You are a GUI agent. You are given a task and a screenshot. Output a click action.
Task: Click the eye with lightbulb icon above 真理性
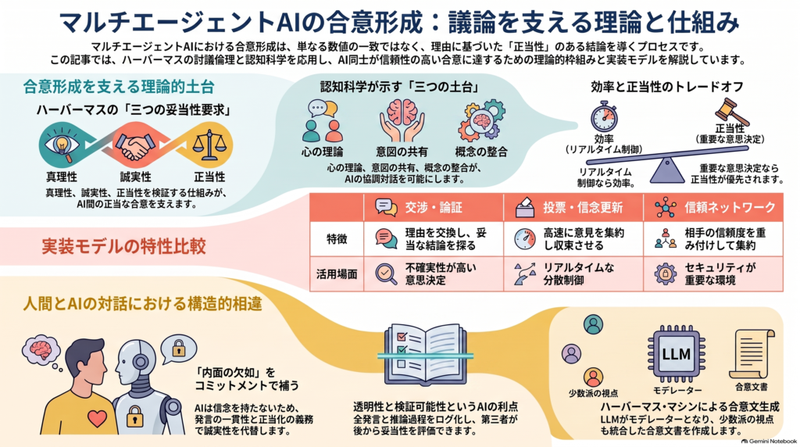coord(62,145)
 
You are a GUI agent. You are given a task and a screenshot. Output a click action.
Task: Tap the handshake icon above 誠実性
coord(135,145)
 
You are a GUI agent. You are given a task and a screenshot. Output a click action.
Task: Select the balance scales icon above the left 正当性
coord(209,145)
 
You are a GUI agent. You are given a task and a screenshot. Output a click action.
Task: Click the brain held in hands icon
coord(402,120)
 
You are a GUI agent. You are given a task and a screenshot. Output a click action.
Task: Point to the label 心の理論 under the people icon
coord(323,152)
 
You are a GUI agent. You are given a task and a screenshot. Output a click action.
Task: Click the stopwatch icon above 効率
coord(604,116)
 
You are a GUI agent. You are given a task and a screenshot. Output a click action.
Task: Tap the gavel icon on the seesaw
coord(731,111)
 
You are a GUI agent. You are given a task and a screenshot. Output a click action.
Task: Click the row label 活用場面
coord(337,274)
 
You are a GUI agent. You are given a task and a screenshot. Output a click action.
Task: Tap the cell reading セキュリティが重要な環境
coord(720,274)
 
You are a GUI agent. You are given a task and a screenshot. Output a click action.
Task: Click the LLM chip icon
coord(676,355)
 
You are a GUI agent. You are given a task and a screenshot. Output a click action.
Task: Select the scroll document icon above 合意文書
coord(752,353)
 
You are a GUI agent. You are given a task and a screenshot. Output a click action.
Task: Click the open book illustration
coord(425,354)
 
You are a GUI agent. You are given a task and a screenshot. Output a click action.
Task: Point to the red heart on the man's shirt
coord(97,418)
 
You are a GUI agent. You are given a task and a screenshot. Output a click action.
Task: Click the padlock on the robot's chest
coord(135,416)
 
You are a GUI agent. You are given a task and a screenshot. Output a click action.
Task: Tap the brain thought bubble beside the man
coord(41,351)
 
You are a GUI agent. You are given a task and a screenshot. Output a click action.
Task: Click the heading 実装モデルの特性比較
coord(123,246)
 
